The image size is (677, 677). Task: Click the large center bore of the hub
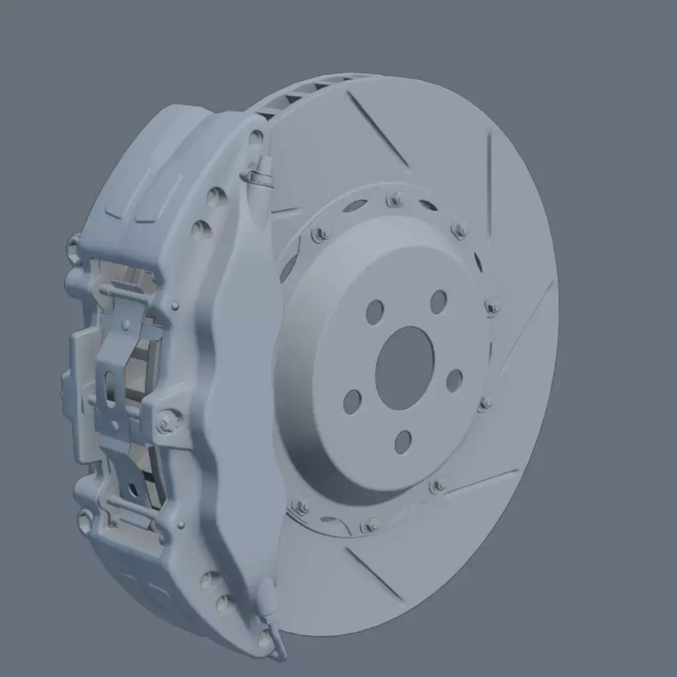[x=404, y=368]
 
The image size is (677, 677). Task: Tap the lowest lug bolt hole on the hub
[x=403, y=442]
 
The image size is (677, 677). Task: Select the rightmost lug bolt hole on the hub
[x=454, y=381]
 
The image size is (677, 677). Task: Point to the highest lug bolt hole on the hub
[x=438, y=302]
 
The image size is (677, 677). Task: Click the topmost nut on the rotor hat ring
[x=395, y=199]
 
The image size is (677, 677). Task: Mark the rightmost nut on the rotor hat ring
[x=492, y=307]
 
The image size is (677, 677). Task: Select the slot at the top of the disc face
[x=378, y=129]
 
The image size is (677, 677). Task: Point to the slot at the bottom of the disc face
[x=374, y=575]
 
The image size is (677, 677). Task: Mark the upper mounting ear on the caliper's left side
[x=74, y=249]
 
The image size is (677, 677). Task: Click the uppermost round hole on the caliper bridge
[x=256, y=138]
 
